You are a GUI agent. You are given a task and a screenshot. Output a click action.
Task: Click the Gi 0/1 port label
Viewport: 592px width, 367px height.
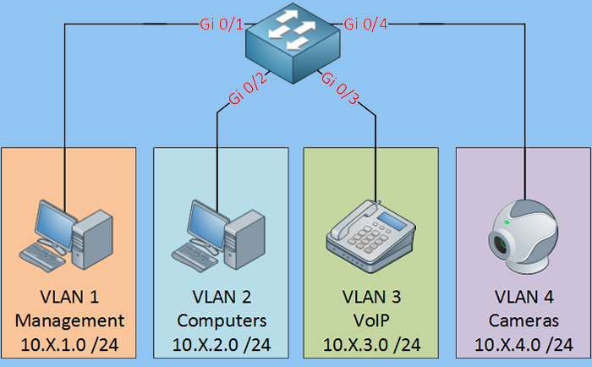222,25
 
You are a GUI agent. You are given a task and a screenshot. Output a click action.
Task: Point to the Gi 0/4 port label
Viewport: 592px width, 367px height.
366,25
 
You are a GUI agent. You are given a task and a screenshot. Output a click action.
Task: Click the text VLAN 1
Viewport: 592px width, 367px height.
69,298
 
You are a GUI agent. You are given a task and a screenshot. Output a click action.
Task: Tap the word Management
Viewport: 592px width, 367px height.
69,320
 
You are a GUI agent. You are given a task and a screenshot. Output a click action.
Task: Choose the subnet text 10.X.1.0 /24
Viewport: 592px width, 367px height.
69,344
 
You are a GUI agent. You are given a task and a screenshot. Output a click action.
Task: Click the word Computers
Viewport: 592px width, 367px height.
221,320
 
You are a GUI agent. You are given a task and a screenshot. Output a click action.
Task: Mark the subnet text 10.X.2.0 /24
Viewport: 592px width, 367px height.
221,344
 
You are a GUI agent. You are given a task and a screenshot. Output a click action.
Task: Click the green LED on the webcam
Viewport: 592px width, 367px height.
506,222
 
